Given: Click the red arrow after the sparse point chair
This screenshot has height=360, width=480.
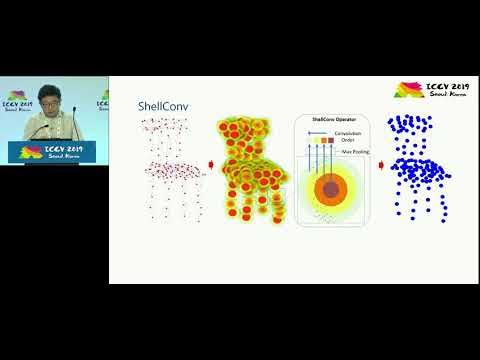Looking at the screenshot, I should tap(210, 167).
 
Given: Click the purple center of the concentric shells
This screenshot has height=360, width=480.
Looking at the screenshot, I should tap(331, 189).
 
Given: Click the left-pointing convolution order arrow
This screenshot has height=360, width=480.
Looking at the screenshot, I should tap(313, 131).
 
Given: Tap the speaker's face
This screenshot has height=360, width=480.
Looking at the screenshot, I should tap(46, 101).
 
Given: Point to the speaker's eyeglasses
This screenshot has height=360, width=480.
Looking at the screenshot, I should tap(46, 100).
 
